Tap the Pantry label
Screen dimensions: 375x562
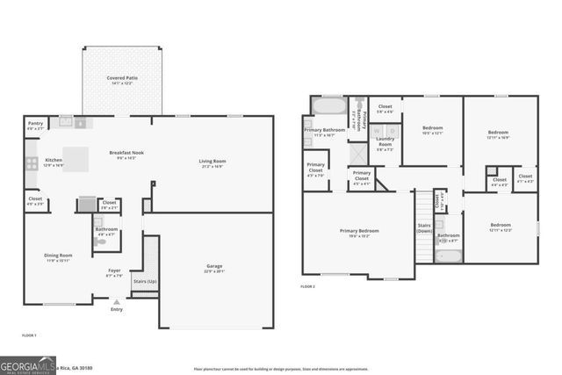tap(35, 124)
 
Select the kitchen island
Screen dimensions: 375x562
tap(76, 159)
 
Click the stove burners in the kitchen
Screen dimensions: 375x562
tap(32, 162)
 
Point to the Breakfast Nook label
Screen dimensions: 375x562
tap(126, 153)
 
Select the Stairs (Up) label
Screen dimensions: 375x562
tap(145, 282)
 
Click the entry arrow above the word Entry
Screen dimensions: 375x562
tap(117, 301)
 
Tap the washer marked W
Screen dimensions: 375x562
tap(378, 132)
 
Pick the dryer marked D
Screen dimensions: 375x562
tap(393, 132)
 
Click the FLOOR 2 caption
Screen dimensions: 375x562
tap(307, 286)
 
